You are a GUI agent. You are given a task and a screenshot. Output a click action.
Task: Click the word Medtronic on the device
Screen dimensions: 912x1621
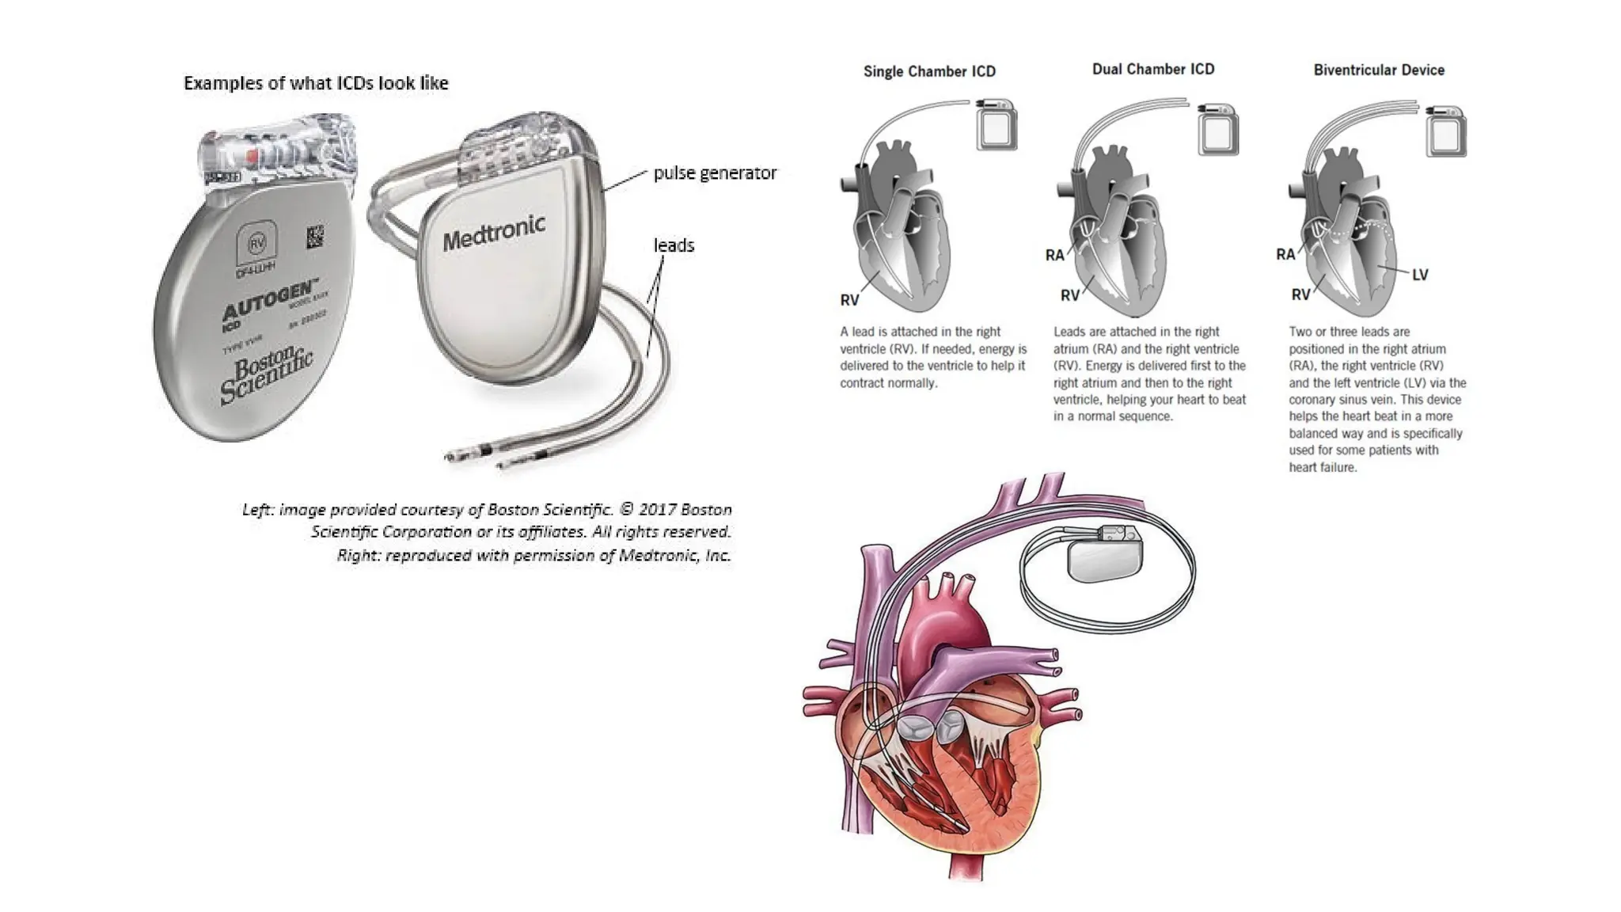click(494, 232)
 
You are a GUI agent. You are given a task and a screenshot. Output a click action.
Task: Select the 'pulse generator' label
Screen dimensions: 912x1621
click(714, 173)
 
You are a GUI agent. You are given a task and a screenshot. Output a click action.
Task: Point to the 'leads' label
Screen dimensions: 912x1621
click(674, 245)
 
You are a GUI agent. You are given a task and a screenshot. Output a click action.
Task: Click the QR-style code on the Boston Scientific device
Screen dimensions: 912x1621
click(315, 237)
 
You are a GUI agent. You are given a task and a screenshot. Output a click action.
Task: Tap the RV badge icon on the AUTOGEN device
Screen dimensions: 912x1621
click(256, 244)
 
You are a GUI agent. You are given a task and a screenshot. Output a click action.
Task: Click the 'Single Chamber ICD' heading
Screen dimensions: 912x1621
click(929, 71)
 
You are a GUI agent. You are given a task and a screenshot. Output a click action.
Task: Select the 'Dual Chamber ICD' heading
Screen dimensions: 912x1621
click(1152, 70)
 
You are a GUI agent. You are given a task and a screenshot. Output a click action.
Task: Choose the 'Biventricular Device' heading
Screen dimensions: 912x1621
click(1378, 70)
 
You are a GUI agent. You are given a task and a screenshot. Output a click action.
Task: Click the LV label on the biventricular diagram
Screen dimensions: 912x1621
click(1419, 275)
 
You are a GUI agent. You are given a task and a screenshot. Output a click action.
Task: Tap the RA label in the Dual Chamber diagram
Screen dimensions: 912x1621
click(1054, 255)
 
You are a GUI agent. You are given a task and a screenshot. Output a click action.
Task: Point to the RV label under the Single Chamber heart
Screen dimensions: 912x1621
click(849, 300)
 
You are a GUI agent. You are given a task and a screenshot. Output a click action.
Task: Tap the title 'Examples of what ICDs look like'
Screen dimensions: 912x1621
click(316, 83)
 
